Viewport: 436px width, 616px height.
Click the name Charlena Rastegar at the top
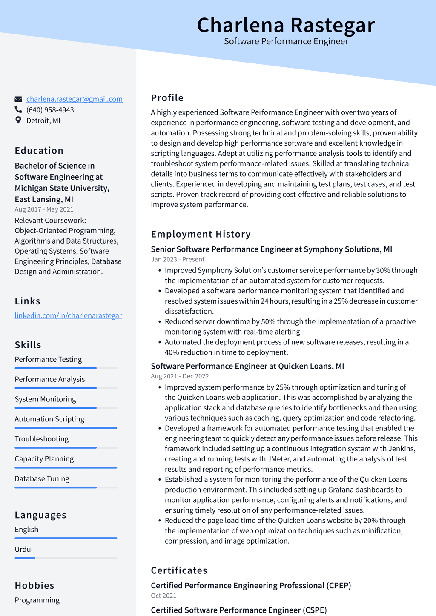click(286, 25)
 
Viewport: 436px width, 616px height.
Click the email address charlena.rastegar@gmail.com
click(75, 99)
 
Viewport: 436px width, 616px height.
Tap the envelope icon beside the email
click(18, 99)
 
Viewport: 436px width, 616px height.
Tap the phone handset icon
click(18, 109)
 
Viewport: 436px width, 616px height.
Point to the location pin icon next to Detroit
click(18, 120)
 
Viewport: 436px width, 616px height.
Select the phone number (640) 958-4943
click(50, 110)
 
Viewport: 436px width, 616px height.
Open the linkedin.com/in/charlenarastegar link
click(68, 315)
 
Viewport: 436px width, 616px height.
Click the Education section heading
click(39, 151)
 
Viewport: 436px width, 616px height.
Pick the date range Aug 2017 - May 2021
click(44, 209)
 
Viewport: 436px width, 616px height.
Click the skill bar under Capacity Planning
click(66, 467)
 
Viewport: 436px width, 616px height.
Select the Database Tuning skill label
click(42, 478)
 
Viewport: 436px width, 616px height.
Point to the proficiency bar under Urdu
click(66, 558)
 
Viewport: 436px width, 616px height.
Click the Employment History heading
click(201, 234)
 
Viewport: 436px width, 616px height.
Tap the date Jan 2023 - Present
click(178, 259)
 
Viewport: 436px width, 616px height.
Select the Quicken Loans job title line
click(247, 366)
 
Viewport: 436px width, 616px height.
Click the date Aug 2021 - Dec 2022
click(180, 376)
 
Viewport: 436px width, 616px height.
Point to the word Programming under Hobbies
click(37, 600)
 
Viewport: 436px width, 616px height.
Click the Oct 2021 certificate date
click(163, 596)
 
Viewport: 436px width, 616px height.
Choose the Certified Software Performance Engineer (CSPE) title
click(239, 610)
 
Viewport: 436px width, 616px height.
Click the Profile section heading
click(167, 98)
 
